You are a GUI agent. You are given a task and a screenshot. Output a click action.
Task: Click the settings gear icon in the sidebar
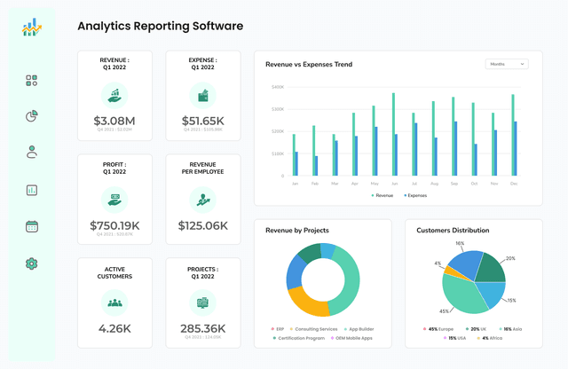[x=32, y=263]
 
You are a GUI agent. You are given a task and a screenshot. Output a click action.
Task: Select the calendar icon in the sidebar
[x=32, y=226]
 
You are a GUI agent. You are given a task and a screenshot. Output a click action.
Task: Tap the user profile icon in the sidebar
[x=32, y=153]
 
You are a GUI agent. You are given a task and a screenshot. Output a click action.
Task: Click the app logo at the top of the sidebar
[x=32, y=29]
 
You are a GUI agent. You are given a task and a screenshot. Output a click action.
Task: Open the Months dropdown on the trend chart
[x=507, y=64]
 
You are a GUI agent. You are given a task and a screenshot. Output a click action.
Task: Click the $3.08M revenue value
[x=114, y=121]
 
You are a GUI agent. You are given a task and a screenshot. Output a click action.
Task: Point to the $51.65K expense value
[x=202, y=121]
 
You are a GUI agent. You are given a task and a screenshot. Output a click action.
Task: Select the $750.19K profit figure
[x=114, y=225]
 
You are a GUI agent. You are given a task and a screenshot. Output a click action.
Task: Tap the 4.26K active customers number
[x=114, y=328]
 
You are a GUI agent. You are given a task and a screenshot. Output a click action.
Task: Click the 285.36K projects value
[x=202, y=328]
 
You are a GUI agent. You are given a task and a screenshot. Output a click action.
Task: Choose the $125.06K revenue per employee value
[x=202, y=225]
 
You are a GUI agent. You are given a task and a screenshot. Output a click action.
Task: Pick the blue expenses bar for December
[x=515, y=149]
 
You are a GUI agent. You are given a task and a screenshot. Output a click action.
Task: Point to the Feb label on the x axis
[x=314, y=184]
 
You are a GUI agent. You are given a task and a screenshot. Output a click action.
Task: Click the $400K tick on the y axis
[x=278, y=87]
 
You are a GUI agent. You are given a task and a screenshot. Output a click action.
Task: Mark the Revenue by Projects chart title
[x=297, y=231]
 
